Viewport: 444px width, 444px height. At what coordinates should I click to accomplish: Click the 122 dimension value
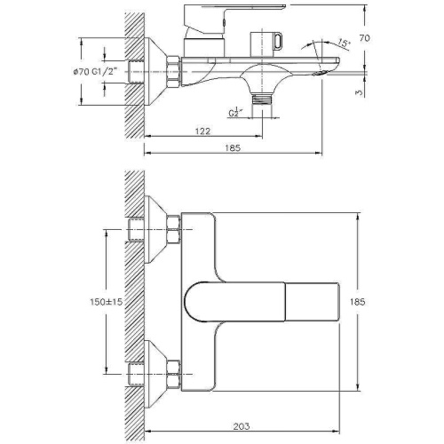point(202,131)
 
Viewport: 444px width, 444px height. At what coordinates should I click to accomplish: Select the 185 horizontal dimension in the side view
point(233,147)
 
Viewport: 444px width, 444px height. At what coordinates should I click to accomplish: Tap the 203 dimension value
point(242,426)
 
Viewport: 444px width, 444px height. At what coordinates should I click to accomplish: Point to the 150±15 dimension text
point(106,302)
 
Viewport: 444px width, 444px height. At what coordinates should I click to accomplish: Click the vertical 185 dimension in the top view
point(358,302)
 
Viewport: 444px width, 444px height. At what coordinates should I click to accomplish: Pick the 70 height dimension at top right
point(365,38)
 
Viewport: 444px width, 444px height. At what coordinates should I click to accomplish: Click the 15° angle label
point(343,44)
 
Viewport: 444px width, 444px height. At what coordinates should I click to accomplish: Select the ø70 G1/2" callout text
point(95,71)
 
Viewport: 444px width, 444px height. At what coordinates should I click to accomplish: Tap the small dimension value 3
point(359,92)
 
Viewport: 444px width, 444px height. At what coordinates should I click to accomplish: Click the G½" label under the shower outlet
point(234,113)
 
